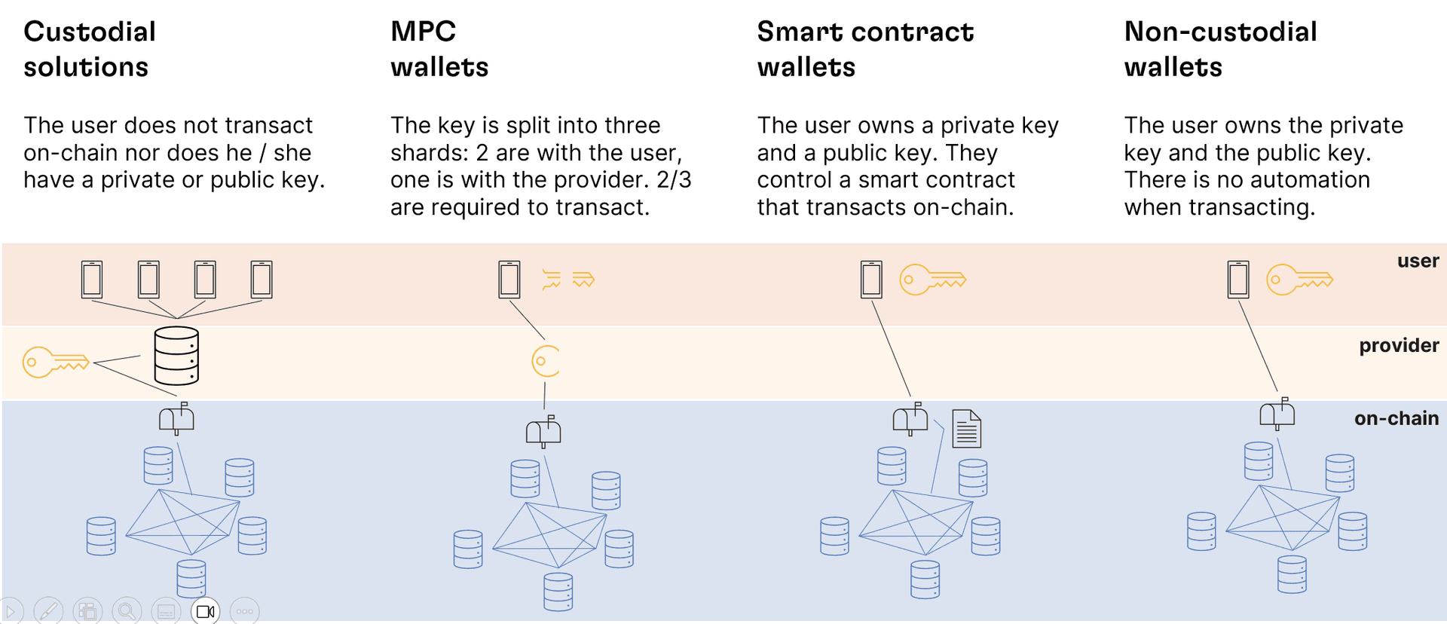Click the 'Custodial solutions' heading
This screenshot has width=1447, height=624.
point(90,49)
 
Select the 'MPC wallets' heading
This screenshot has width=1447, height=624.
point(439,49)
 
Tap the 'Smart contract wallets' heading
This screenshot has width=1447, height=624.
point(865,49)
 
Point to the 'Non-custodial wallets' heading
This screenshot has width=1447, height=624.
point(1220,49)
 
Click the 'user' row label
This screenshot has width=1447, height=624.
point(1418,261)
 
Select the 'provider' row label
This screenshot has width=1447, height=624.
point(1399,345)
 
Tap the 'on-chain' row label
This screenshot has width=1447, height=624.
point(1396,418)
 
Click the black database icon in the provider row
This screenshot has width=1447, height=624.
point(176,356)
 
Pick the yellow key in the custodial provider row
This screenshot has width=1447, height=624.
point(56,362)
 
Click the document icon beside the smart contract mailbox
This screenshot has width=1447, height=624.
point(966,429)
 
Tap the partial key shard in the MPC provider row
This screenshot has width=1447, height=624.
point(546,361)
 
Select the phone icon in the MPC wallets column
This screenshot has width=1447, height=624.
point(509,280)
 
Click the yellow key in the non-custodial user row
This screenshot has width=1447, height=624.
point(1299,280)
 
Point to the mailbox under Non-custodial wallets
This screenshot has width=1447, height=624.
point(1277,414)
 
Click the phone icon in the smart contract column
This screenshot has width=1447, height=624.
point(871,280)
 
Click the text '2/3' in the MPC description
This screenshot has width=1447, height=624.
point(674,180)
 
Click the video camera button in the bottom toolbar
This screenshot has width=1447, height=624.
point(205,611)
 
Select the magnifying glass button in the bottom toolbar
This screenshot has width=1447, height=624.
point(127,611)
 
